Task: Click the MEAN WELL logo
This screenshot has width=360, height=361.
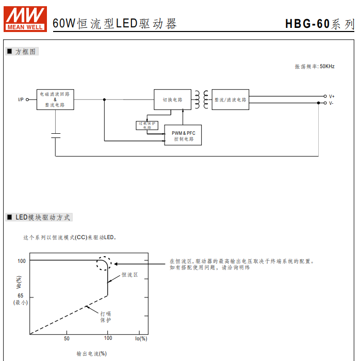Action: (25, 18)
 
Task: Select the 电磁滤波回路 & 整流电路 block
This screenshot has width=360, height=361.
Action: (55, 99)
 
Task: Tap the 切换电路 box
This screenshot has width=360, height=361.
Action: (172, 100)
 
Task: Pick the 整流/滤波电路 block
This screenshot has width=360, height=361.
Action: (231, 100)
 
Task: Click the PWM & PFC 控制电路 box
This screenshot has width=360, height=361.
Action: (183, 136)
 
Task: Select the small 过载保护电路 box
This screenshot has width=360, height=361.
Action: (146, 125)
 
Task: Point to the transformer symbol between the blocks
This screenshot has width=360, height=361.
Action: (202, 99)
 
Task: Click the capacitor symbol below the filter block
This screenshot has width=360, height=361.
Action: (56, 135)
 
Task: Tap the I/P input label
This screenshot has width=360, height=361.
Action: (21, 100)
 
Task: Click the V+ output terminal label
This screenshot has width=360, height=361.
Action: (332, 97)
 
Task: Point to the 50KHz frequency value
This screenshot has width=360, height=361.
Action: (327, 67)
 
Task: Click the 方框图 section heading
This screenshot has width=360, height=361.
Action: (26, 52)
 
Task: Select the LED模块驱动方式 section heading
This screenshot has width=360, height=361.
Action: (43, 217)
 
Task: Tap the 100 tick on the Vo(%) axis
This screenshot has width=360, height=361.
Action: (21, 261)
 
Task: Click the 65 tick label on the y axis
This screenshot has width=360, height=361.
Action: (21, 296)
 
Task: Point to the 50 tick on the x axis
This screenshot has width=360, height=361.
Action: (67, 339)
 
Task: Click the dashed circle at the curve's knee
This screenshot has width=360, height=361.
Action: (103, 263)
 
